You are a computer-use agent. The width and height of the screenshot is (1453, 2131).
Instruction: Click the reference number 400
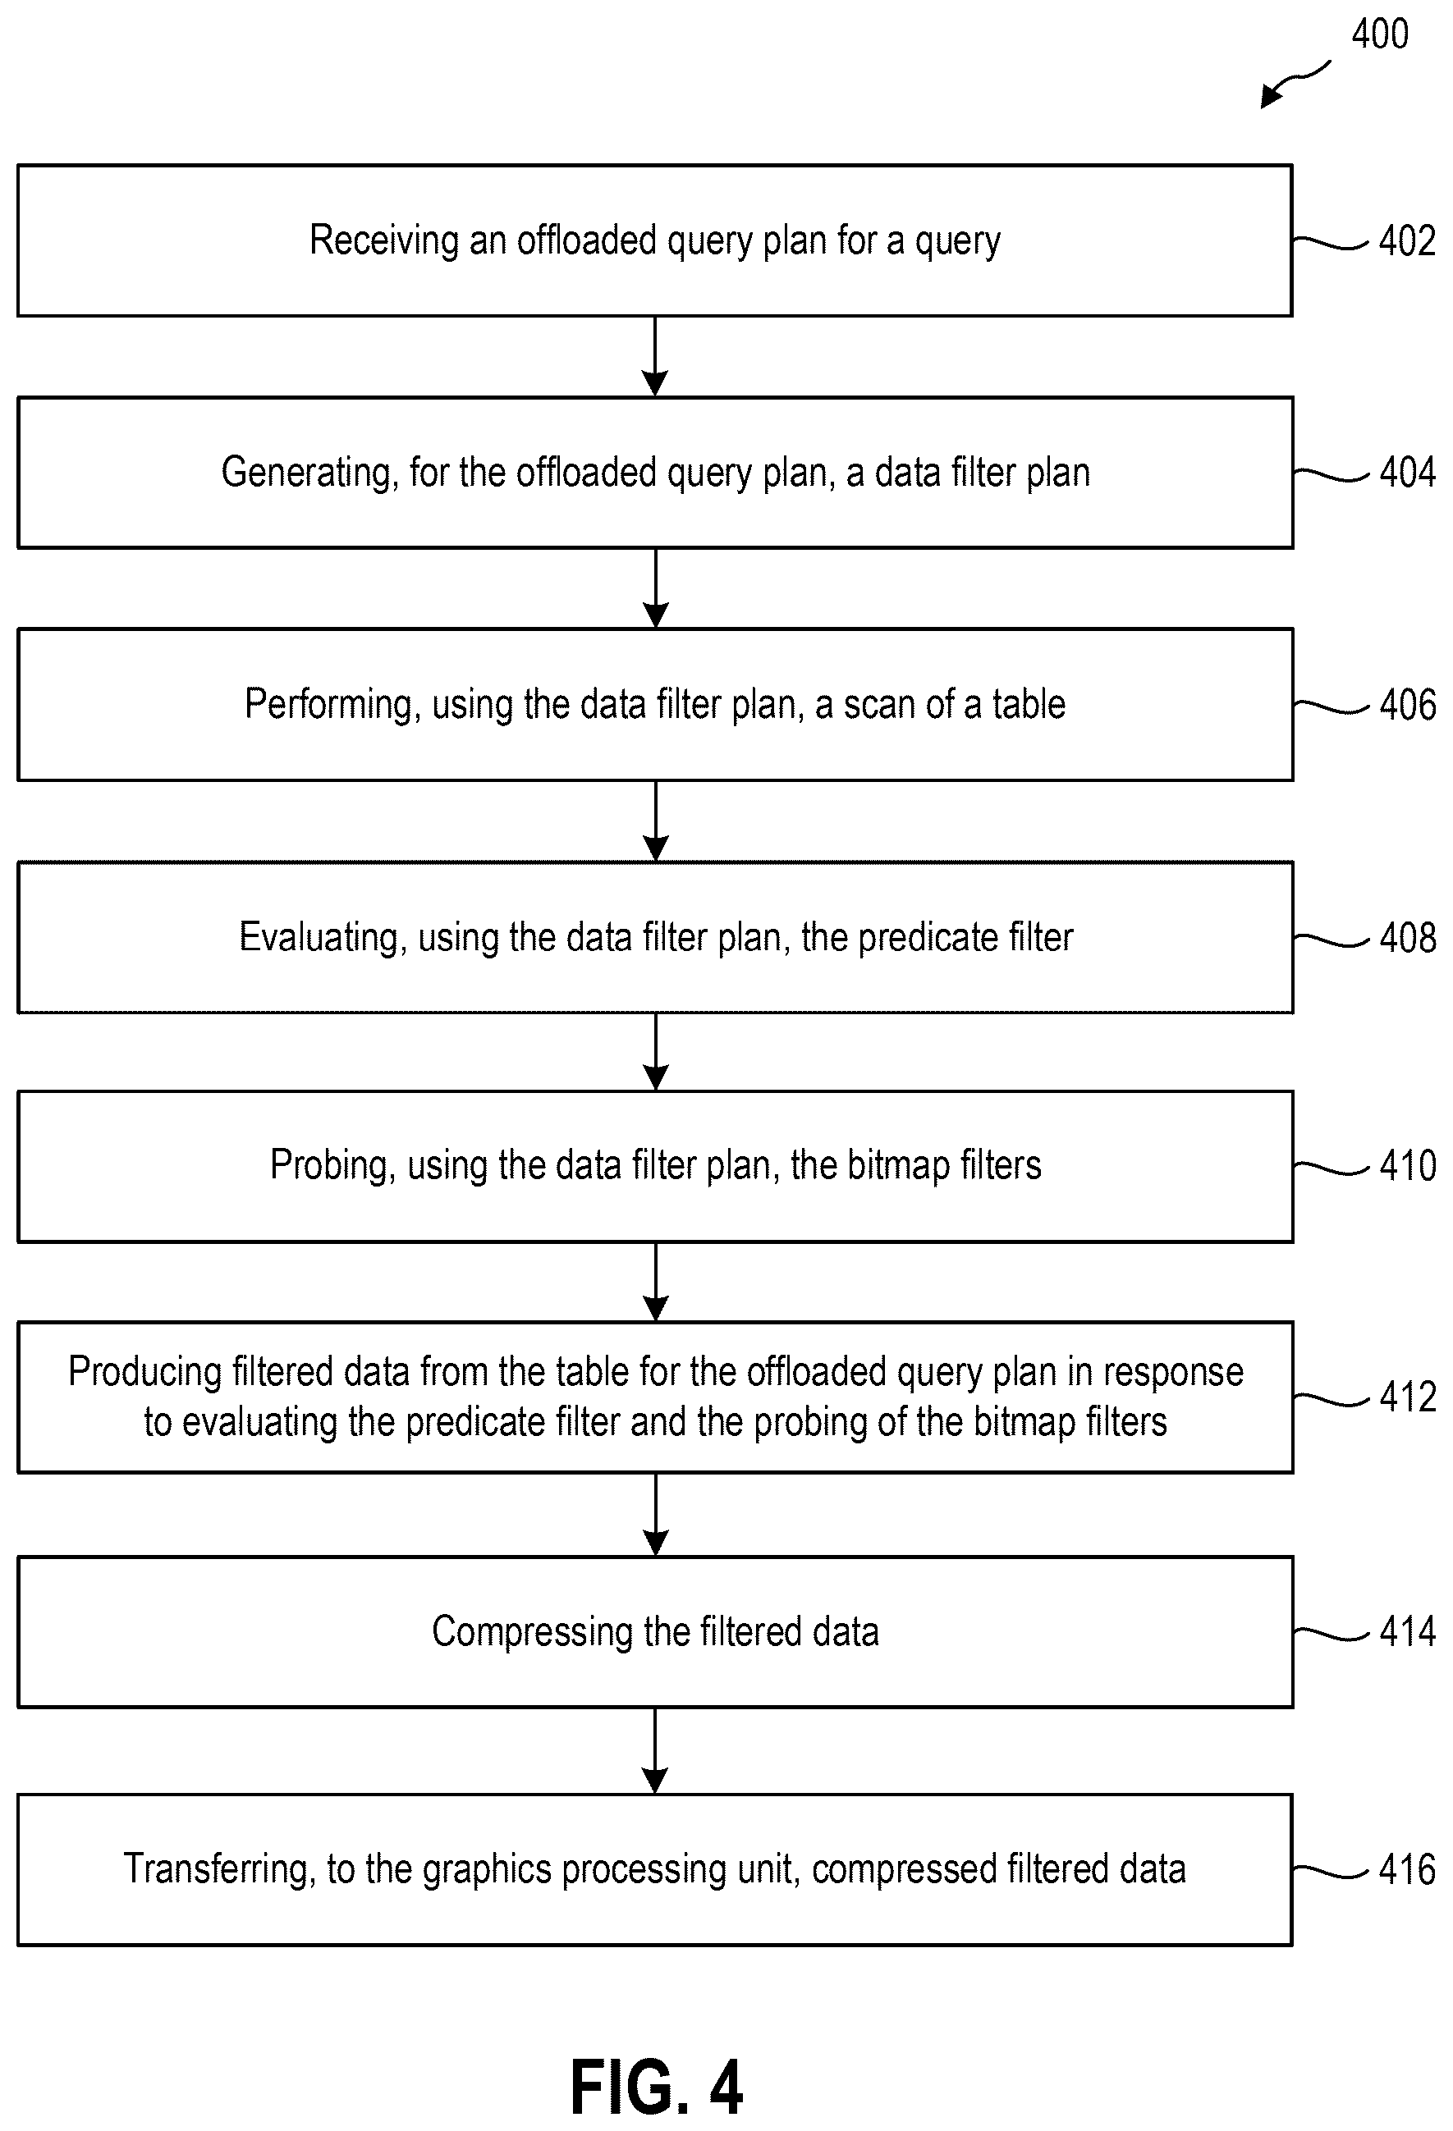click(x=1380, y=34)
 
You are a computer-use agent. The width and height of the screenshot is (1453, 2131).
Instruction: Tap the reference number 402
click(x=1407, y=240)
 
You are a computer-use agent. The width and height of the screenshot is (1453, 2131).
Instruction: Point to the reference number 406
click(x=1407, y=705)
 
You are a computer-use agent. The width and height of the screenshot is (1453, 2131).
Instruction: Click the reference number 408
click(x=1407, y=938)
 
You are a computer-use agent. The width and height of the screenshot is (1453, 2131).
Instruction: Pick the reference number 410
click(x=1407, y=1166)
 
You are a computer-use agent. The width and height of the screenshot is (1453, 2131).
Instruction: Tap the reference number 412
click(x=1407, y=1397)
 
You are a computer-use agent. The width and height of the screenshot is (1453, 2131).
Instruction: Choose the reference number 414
click(x=1407, y=1632)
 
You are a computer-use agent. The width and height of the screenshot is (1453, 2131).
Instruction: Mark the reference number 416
click(x=1407, y=1870)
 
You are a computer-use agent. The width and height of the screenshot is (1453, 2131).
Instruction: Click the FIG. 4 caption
click(x=656, y=2087)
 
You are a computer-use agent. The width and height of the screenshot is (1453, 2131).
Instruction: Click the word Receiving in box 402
click(x=383, y=241)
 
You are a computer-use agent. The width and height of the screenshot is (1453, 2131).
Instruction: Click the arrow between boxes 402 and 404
click(x=655, y=357)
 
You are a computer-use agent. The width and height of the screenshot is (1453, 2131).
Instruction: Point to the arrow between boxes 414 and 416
click(x=655, y=1750)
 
